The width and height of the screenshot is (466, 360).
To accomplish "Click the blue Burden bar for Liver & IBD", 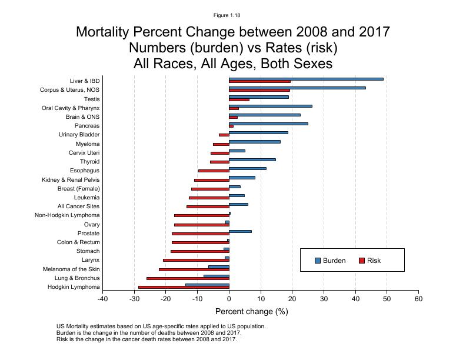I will pyautogui.click(x=306, y=79).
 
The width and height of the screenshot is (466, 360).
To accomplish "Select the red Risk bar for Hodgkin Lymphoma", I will pyautogui.click(x=184, y=287).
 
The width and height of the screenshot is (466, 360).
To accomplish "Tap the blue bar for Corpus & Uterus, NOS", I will pyautogui.click(x=297, y=88).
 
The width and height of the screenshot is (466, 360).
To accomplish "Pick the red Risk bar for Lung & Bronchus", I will pyautogui.click(x=188, y=278).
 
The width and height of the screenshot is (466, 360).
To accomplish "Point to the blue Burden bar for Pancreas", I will pyautogui.click(x=268, y=124).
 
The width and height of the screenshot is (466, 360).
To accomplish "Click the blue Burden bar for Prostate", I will pyautogui.click(x=240, y=231).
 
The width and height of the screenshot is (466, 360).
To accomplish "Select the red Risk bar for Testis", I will pyautogui.click(x=239, y=99).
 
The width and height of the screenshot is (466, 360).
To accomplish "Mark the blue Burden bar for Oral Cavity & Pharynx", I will pyautogui.click(x=270, y=106).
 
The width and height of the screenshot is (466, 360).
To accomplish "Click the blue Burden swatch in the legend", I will pyautogui.click(x=318, y=261).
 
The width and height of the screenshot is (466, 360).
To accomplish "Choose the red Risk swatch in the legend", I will pyautogui.click(x=362, y=261).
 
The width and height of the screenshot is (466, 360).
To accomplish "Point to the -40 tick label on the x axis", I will pyautogui.click(x=103, y=299).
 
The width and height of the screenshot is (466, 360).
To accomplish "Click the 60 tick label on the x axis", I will pyautogui.click(x=418, y=299).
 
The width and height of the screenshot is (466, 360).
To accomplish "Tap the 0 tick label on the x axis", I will pyautogui.click(x=229, y=299).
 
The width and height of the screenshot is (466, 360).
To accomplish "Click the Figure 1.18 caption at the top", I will pyautogui.click(x=227, y=15).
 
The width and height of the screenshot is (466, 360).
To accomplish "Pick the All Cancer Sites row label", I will pyautogui.click(x=78, y=206).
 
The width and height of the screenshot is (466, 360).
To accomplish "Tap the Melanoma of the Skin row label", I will pyautogui.click(x=71, y=269).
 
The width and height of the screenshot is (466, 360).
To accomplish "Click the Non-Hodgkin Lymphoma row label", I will pyautogui.click(x=67, y=215).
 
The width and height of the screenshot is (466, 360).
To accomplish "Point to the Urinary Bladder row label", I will pyautogui.click(x=79, y=135).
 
